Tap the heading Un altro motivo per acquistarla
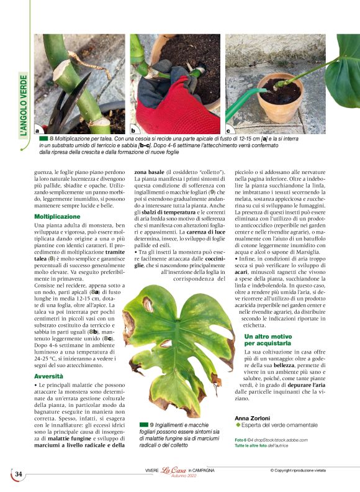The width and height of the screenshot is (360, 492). pyautogui.click(x=268, y=339)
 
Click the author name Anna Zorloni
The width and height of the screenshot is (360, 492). pyautogui.click(x=253, y=418)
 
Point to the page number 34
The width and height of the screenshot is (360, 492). pyautogui.click(x=19, y=474)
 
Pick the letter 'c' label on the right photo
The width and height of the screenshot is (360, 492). pyautogui.click(x=228, y=131)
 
